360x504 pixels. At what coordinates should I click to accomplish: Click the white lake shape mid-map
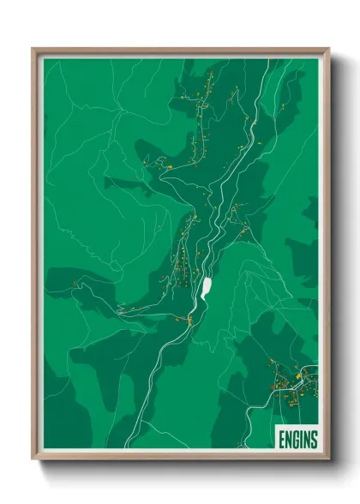coord(207,286)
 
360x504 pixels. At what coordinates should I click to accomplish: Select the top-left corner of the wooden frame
coord(33,49)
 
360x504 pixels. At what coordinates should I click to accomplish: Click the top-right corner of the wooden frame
coord(327,49)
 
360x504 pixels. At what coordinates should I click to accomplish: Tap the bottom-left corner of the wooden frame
coord(33,459)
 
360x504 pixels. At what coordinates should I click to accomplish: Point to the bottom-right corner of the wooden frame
coord(327,459)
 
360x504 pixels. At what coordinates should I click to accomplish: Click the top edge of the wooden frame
coord(180,50)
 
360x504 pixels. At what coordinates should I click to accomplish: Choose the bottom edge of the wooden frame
coord(180,459)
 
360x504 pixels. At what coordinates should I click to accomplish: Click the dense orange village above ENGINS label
coord(290,381)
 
